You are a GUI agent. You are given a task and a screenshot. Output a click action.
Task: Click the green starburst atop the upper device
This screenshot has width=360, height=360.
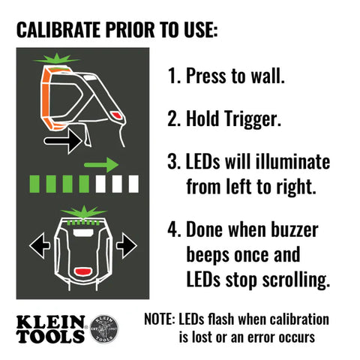click(56, 59)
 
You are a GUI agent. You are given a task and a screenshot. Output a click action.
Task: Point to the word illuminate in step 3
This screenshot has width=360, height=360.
click(289, 162)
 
